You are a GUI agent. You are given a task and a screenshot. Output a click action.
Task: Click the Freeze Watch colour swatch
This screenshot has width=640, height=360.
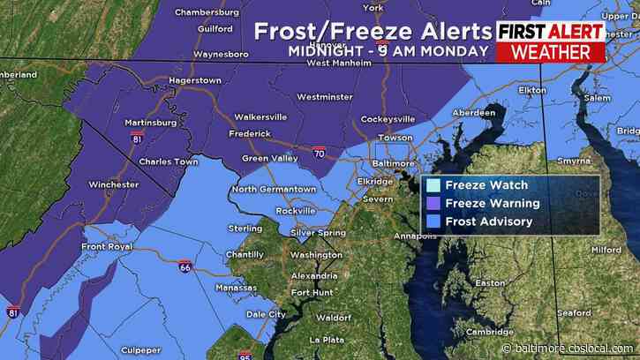coord(433,185)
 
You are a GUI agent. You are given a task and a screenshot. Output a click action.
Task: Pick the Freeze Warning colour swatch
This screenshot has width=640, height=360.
coord(433,203)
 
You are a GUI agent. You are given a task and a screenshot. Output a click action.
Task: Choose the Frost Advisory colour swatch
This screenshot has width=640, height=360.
coord(433,221)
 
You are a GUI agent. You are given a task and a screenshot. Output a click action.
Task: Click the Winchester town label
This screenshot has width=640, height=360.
coord(113,184)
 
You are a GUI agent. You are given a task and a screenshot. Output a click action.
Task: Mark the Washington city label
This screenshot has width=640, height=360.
coord(316,255)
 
